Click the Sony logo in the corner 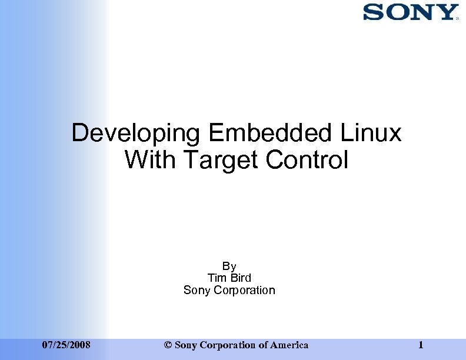[x=410, y=12]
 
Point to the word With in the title [x=147, y=159]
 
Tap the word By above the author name [x=229, y=266]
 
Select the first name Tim [x=217, y=278]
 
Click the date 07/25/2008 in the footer [x=66, y=345]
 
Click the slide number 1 [x=421, y=345]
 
